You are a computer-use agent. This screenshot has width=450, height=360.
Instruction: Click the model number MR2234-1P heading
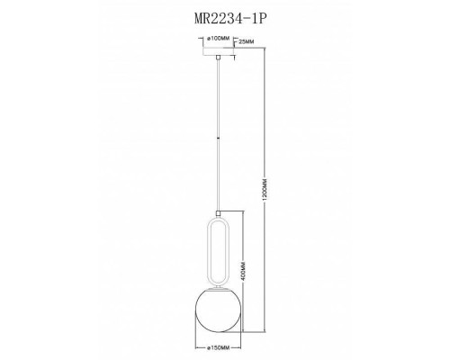pos(224,16)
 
